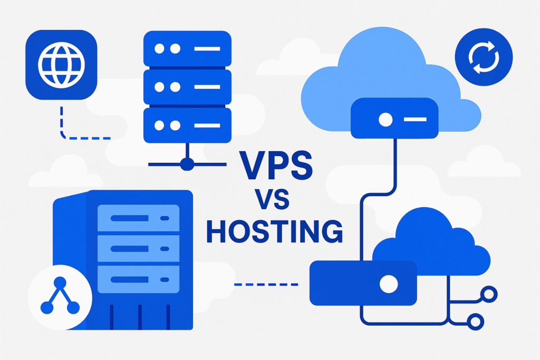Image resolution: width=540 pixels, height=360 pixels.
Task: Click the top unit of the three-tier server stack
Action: point(187,49)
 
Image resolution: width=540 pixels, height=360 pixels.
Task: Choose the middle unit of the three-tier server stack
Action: point(187,87)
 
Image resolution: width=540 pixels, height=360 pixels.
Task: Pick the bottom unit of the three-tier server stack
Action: point(187,125)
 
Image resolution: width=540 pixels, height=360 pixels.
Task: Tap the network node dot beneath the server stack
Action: point(187,164)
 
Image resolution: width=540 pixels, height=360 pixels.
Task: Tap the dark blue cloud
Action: point(438,242)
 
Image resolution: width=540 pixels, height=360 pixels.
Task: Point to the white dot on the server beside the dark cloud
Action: point(389,284)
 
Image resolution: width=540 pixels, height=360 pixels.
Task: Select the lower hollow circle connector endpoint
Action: point(476,320)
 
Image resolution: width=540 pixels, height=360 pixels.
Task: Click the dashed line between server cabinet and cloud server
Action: point(266,285)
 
